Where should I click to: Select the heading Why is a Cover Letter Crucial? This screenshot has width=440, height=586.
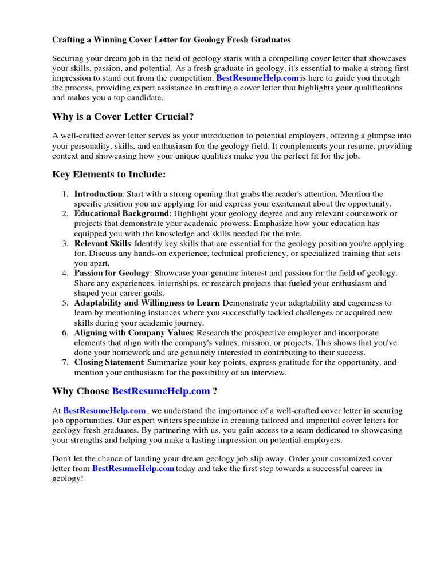tap(123, 117)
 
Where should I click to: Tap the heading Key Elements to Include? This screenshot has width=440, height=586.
tap(109, 175)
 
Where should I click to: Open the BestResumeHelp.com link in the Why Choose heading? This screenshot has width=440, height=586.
tap(161, 391)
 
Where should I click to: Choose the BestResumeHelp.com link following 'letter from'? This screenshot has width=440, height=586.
tap(133, 468)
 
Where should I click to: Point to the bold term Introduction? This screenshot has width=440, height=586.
tap(98, 194)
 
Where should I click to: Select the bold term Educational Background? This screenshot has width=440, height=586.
tap(121, 213)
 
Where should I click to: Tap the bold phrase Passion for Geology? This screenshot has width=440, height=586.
tap(112, 273)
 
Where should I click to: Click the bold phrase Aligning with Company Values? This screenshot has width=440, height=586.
tap(134, 332)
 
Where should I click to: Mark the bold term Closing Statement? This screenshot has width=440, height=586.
tap(108, 362)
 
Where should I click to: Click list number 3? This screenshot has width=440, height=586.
tap(66, 243)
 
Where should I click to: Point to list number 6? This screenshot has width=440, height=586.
tap(66, 332)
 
